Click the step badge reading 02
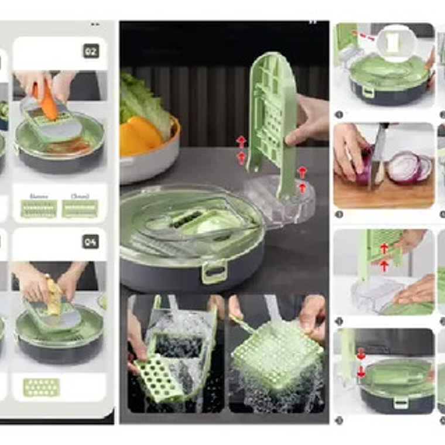pyautogui.click(x=90, y=51)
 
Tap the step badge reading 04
pyautogui.click(x=90, y=241)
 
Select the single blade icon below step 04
pyautogui.click(x=41, y=387)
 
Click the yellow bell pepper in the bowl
pyautogui.click(x=141, y=136)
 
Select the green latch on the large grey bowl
pyautogui.click(x=215, y=272)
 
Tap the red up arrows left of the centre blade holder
pyautogui.click(x=241, y=149)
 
